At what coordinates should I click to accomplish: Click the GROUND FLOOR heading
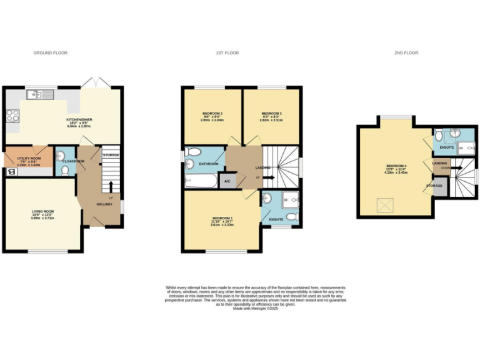tap(50, 53)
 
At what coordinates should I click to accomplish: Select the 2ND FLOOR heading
tap(406, 53)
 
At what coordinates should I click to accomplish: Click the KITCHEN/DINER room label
tap(79, 119)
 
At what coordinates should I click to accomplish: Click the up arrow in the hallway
tap(110, 187)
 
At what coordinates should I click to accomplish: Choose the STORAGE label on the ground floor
tap(110, 155)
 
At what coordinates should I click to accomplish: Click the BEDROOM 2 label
tap(213, 113)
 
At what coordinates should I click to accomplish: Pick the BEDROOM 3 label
tap(272, 113)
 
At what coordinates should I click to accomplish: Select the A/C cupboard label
tap(227, 181)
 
